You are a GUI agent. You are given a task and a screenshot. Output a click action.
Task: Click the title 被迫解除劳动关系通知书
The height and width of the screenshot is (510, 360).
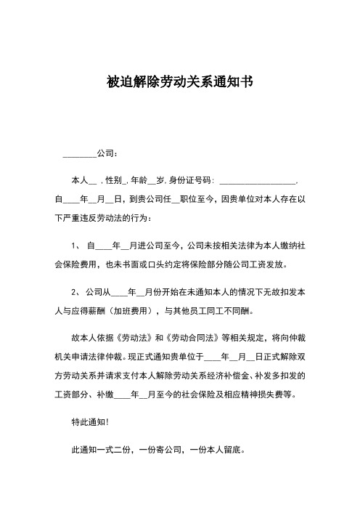tap(180, 83)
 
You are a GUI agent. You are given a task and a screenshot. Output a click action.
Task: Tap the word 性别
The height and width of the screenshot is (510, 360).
tap(116, 179)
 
